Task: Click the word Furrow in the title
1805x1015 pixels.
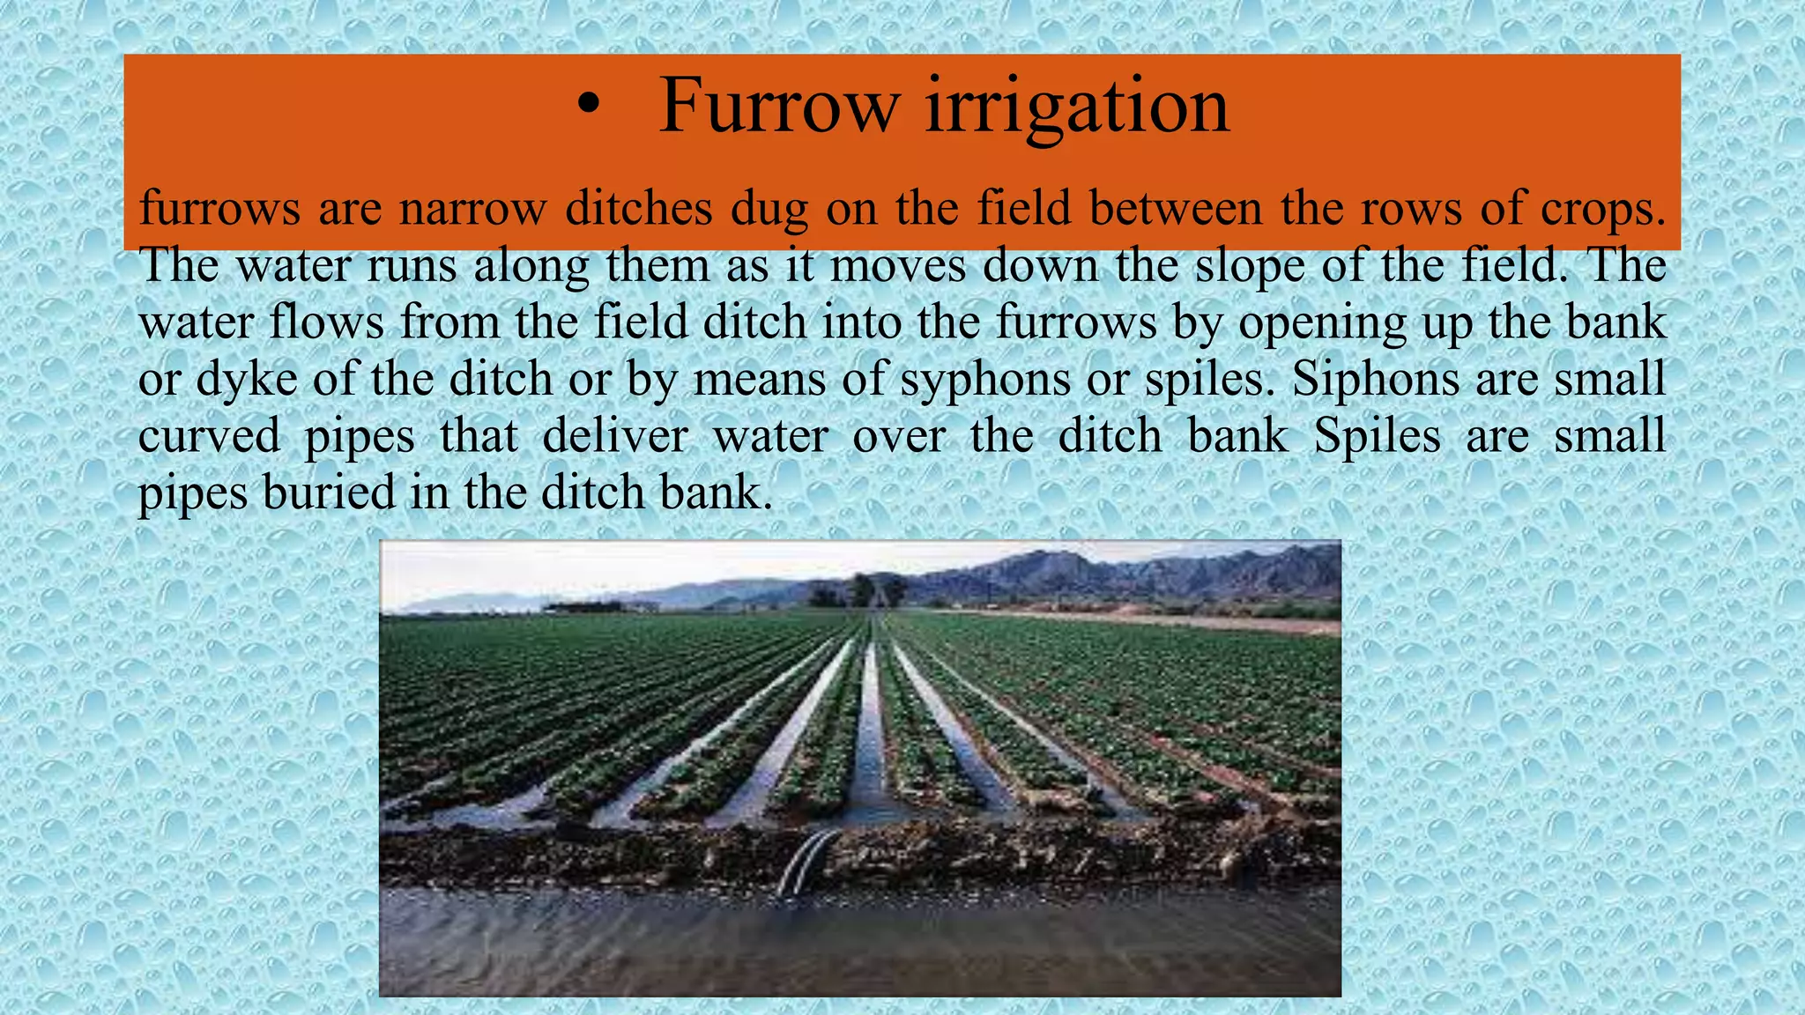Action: [779, 106]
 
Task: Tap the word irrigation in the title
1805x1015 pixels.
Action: [1076, 107]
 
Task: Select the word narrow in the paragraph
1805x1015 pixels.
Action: [472, 210]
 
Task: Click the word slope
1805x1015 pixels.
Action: [1249, 266]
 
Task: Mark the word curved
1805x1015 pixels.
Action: [209, 436]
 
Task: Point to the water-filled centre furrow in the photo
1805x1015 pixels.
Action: [870, 740]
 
